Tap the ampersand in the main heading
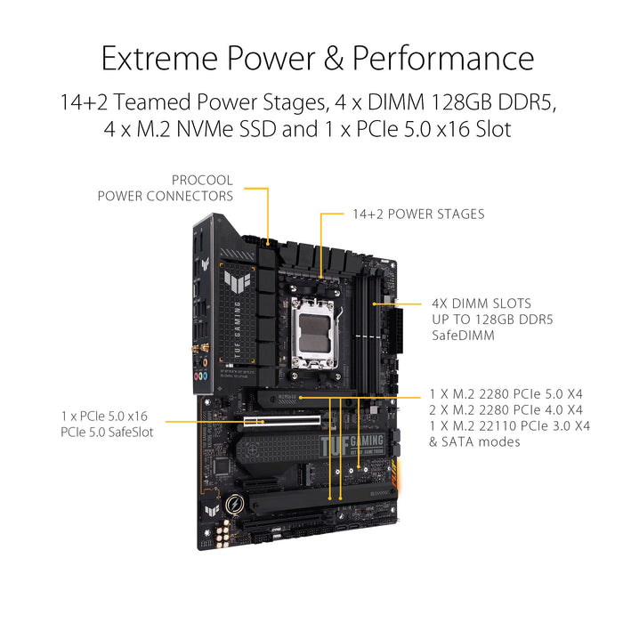(x=333, y=59)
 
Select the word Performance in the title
(x=442, y=59)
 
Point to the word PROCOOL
(x=203, y=180)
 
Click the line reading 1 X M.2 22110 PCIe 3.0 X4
(x=509, y=425)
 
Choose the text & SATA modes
(x=474, y=441)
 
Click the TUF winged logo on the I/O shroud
(x=238, y=286)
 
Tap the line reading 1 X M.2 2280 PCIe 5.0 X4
(x=505, y=393)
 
